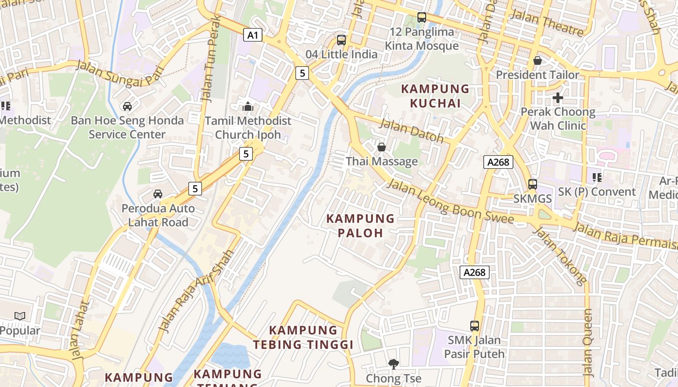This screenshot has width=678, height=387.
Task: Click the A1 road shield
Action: pos(253,35)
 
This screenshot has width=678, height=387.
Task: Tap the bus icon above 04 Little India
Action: pos(341,40)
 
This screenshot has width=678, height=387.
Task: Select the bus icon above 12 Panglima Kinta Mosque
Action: pos(422,17)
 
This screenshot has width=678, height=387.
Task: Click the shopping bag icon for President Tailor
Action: pos(538,60)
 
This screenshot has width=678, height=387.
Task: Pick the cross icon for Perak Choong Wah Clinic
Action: pos(558,98)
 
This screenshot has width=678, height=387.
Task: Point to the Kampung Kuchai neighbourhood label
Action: pos(435,96)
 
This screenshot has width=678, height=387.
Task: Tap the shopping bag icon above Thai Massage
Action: pos(382,147)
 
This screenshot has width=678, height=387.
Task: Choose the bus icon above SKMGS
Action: pos(533,184)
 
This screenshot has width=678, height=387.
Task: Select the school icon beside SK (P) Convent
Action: pos(597,178)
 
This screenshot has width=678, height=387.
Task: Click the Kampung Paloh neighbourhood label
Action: pos(361,226)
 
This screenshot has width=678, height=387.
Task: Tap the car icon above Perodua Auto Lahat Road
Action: pos(158,194)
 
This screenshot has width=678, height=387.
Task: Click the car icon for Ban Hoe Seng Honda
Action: pos(127,106)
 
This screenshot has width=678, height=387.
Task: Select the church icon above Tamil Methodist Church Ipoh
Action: pos(248,106)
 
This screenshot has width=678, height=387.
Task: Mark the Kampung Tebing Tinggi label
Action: pos(303,338)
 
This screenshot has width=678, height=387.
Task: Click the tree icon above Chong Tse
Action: pos(394,363)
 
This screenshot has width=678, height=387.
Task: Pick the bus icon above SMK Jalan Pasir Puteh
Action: pos(475,326)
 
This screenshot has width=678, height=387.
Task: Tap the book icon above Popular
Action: pos(20,316)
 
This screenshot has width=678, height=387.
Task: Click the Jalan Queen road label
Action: pos(588,342)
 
